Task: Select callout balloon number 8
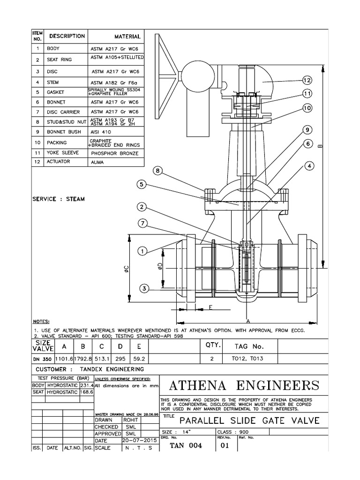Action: [157, 172]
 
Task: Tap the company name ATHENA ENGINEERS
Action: [244, 386]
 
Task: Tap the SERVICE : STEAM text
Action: [59, 199]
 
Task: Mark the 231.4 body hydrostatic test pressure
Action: [87, 385]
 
